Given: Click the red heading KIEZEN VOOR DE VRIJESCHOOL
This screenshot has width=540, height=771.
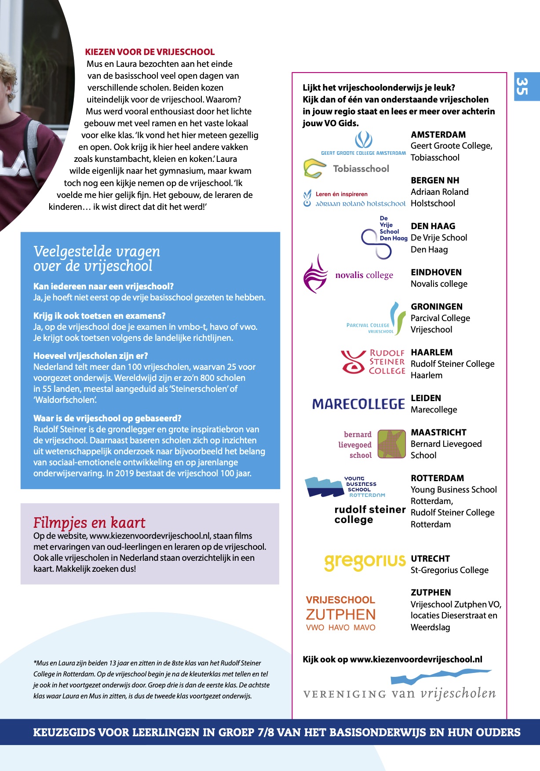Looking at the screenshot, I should [x=150, y=52].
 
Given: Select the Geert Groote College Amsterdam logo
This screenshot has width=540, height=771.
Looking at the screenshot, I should [x=363, y=144].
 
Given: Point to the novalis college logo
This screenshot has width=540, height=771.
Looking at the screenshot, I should [x=348, y=274].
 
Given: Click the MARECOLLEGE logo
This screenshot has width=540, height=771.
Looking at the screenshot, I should [x=358, y=404].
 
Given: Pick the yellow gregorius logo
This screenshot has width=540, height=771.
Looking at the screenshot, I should [x=365, y=561].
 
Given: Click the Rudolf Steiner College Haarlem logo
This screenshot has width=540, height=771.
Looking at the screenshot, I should [x=373, y=362].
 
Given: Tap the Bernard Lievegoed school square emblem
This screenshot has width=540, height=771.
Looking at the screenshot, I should [x=391, y=444].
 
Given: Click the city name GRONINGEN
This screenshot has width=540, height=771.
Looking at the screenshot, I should [x=437, y=307].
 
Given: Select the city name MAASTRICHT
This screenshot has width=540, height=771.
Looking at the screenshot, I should [x=438, y=432].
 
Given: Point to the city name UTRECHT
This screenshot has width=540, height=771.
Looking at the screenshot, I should [x=430, y=559].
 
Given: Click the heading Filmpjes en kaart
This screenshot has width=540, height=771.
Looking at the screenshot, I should [x=89, y=523].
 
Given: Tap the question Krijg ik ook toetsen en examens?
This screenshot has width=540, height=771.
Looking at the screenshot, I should [x=99, y=316].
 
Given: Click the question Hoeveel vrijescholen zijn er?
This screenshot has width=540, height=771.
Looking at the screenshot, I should [x=91, y=356].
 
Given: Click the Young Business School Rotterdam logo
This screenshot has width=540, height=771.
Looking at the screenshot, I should [x=346, y=487].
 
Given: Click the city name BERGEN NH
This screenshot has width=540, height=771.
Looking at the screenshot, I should [x=435, y=180].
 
